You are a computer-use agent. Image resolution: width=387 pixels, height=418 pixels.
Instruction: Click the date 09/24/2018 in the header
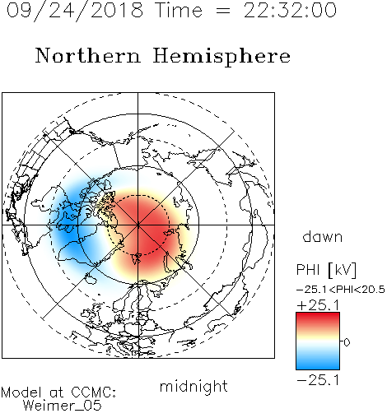[x=75, y=11]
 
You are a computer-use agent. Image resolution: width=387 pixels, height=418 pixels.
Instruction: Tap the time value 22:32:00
[x=290, y=11]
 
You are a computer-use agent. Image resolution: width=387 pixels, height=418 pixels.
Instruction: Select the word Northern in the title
[x=88, y=56]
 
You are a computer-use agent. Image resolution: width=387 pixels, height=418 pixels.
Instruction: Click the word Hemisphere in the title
[x=221, y=57]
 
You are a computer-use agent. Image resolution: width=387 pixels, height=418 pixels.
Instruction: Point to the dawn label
[x=323, y=236]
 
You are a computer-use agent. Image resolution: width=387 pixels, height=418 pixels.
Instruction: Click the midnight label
[x=193, y=387]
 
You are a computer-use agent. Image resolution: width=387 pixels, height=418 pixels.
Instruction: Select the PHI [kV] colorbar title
[x=326, y=270]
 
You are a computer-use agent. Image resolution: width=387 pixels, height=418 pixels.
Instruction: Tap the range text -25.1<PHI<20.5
[x=341, y=290]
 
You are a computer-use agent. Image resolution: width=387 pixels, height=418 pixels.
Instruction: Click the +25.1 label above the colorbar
[x=319, y=305]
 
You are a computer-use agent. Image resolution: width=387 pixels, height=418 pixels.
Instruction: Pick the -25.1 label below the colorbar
[x=318, y=380]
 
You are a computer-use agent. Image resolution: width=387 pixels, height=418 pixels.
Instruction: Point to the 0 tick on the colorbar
[x=347, y=341]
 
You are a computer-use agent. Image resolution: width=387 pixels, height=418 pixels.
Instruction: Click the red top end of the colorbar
[x=318, y=314]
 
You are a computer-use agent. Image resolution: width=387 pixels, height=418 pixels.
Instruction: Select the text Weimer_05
[x=63, y=406]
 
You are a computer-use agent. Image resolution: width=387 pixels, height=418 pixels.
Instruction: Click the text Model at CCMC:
[x=58, y=392]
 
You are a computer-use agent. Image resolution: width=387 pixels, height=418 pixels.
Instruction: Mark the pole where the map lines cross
[x=138, y=225]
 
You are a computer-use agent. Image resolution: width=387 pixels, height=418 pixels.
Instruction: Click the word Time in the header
[x=179, y=11]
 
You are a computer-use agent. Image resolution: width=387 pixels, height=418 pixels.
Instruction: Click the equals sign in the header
[x=223, y=12]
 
